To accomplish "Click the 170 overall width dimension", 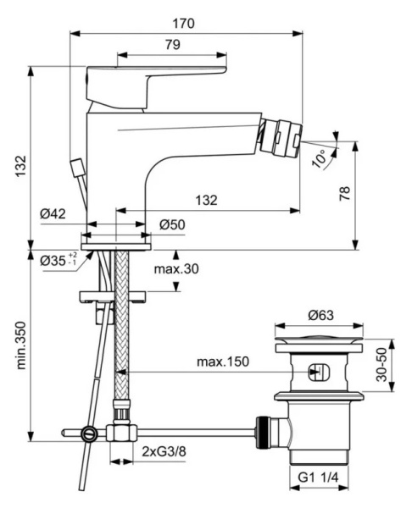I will point(186,23).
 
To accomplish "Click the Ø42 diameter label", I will point(53,215).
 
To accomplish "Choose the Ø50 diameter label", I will point(174,224).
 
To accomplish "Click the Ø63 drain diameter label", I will point(320,314).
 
